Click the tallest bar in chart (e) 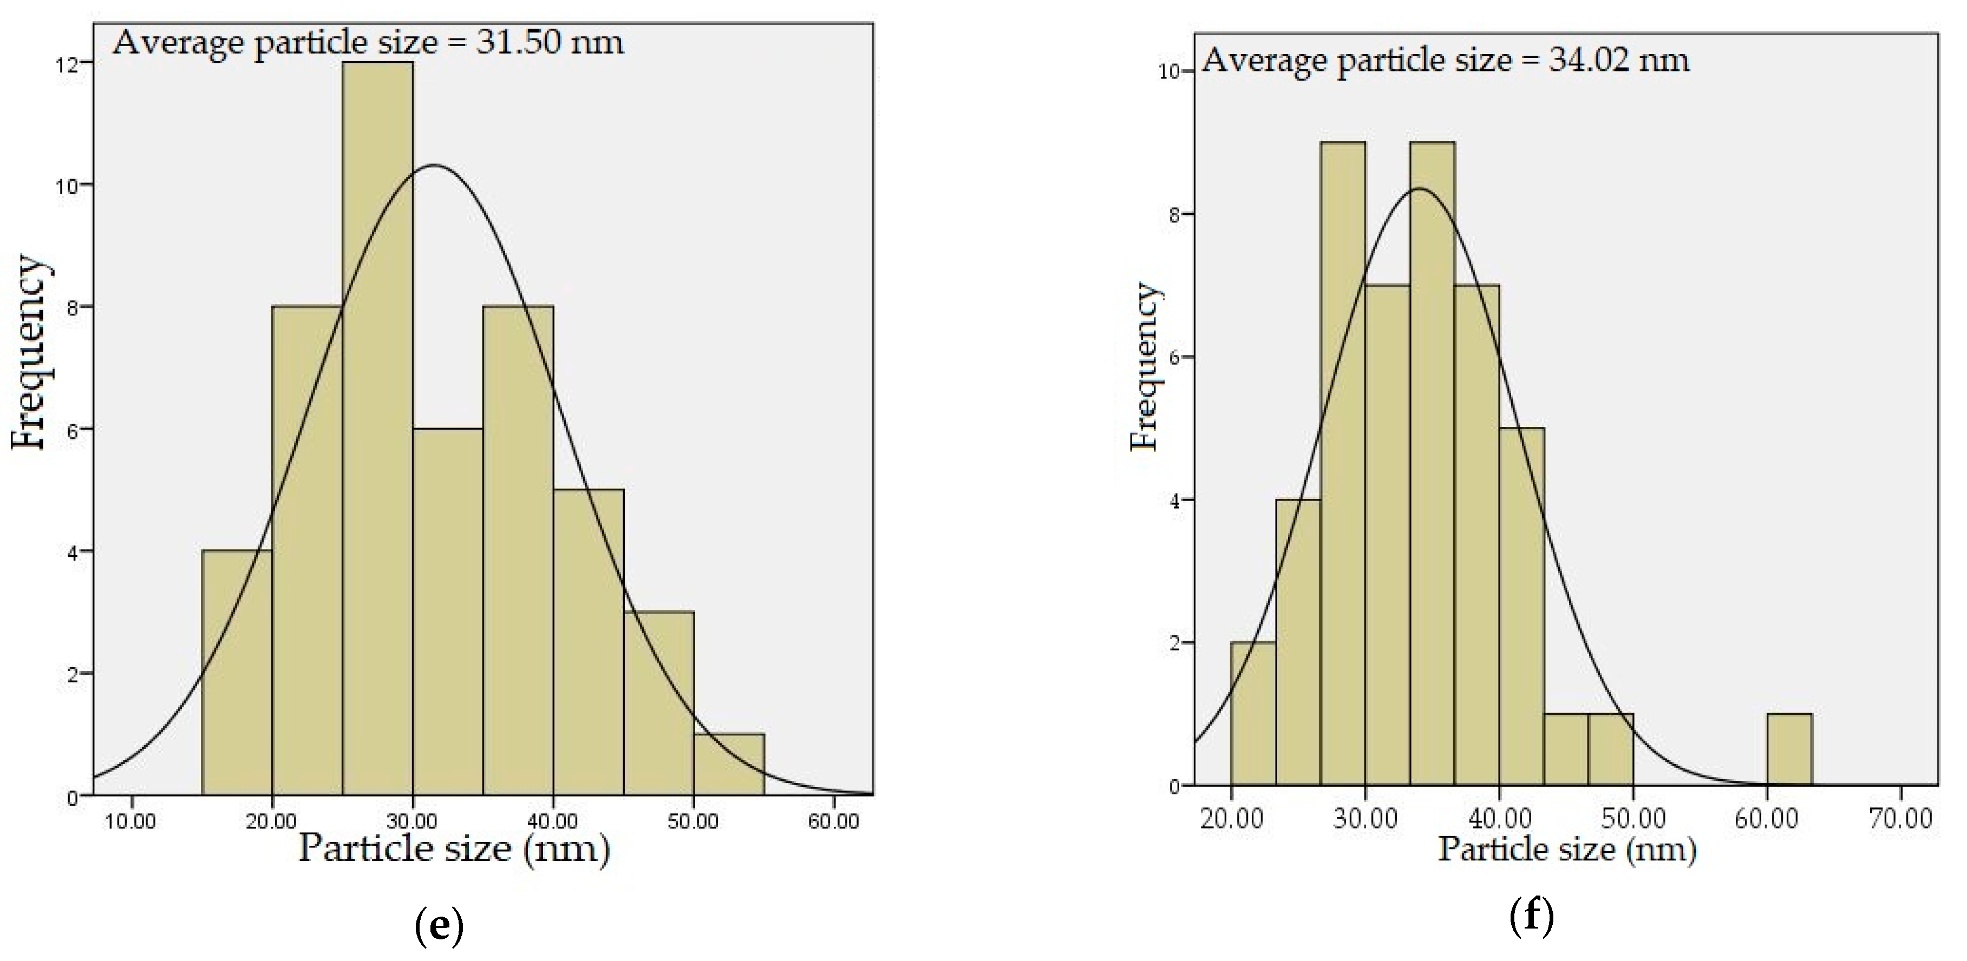[377, 427]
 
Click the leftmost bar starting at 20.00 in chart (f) [1252, 714]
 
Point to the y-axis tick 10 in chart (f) [1169, 73]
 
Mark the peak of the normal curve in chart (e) [434, 165]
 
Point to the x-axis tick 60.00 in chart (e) [833, 821]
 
